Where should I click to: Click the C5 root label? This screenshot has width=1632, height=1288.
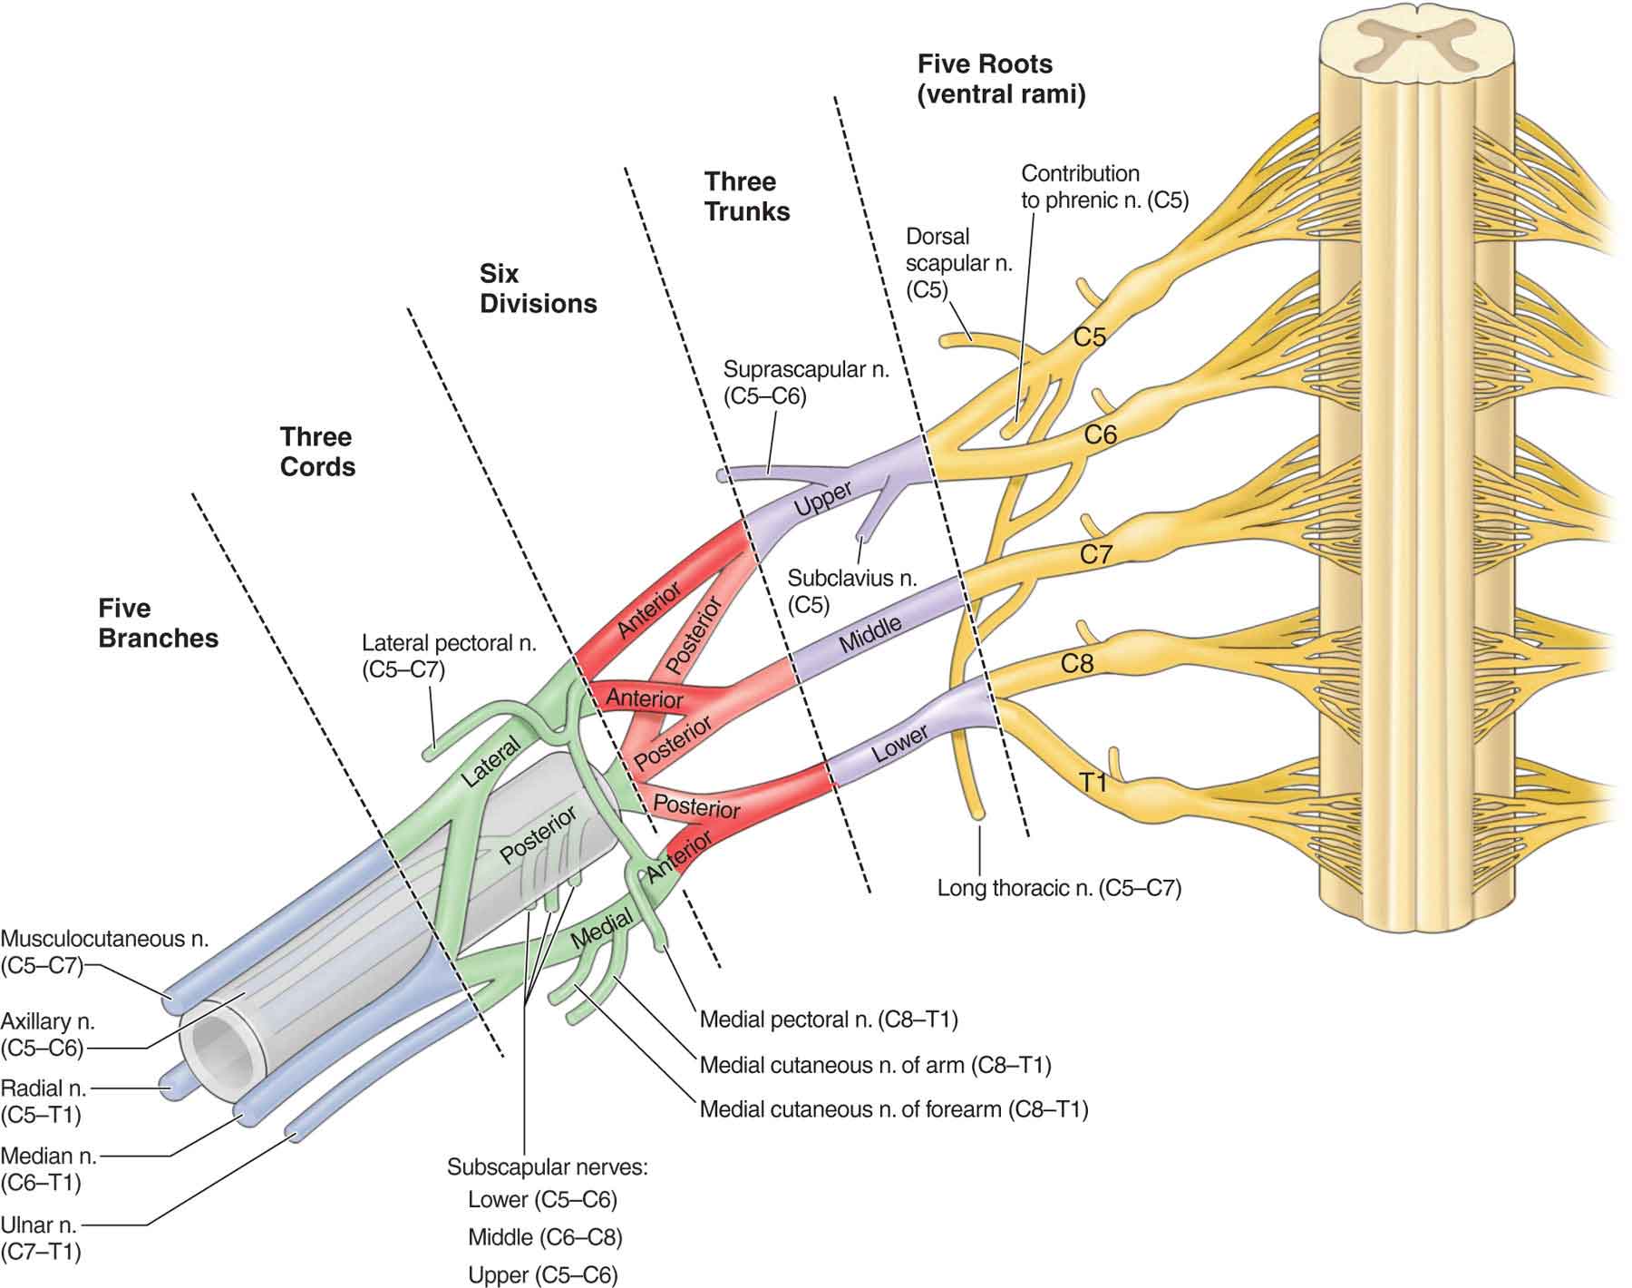[1089, 337]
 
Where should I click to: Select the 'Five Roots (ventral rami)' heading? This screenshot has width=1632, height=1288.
[1000, 79]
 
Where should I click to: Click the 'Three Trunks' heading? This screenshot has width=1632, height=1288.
[746, 196]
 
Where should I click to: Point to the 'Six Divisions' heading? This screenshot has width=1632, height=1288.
[538, 288]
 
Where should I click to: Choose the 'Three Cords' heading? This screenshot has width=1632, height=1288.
[316, 452]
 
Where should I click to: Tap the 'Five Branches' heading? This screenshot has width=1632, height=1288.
[158, 623]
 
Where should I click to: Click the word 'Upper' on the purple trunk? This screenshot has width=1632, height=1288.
[822, 499]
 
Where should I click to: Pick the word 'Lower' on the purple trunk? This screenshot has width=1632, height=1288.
[899, 743]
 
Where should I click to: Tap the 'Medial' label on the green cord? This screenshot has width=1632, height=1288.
[602, 931]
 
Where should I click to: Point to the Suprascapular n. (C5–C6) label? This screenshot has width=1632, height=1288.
[805, 382]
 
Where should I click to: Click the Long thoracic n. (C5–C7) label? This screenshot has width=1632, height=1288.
[1059, 887]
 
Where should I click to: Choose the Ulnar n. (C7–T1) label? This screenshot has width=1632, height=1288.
[41, 1238]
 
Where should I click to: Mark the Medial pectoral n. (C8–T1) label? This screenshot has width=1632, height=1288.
[828, 1020]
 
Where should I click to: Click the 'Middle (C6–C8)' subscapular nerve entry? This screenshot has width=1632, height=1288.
[545, 1237]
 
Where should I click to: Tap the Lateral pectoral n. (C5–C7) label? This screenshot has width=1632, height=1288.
[449, 656]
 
